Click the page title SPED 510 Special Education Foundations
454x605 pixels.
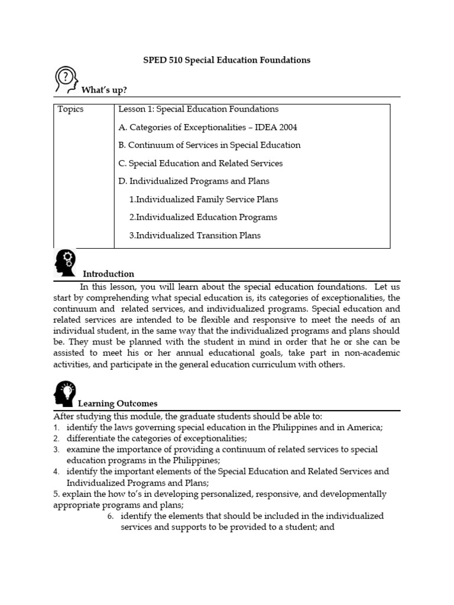point(227,60)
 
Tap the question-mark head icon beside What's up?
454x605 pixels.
point(66,81)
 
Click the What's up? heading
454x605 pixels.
point(104,90)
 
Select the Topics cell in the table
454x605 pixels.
point(70,109)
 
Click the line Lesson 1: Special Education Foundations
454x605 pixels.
point(198,109)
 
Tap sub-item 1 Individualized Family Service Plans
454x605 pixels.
point(203,200)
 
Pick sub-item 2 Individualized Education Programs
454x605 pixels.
point(203,217)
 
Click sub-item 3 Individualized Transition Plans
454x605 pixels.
point(194,236)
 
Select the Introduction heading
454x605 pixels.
point(108,274)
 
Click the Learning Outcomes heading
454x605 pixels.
point(118,404)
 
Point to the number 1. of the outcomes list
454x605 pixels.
point(56,427)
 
